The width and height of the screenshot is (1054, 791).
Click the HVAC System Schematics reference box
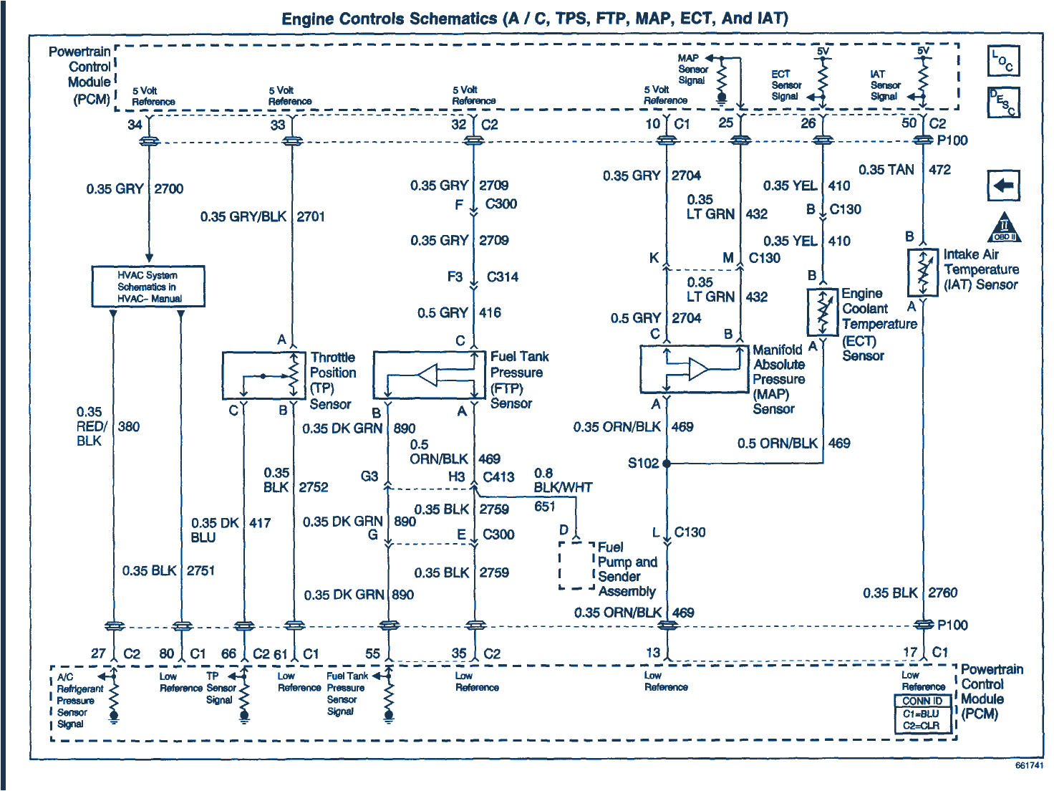coord(148,287)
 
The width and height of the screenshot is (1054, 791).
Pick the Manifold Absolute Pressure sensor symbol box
coord(694,370)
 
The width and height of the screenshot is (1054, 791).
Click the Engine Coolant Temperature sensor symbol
coord(822,312)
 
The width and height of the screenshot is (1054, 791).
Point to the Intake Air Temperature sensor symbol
coord(923,273)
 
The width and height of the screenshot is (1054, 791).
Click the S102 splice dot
coord(667,464)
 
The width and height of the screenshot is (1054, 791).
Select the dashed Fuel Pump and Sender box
coord(576,565)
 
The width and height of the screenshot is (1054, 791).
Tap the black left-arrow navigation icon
coord(1003,186)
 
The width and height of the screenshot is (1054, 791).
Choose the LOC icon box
coord(1003,62)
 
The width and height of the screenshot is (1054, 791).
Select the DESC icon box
coord(1003,102)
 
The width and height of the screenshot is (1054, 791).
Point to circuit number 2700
coord(169,189)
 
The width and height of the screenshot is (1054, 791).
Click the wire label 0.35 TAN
coord(886,170)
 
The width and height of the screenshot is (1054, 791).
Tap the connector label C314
coord(502,277)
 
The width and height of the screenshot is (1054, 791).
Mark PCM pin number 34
coord(135,125)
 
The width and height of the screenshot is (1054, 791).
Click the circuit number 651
coord(544,507)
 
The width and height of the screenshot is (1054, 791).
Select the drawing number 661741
coord(1029,766)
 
